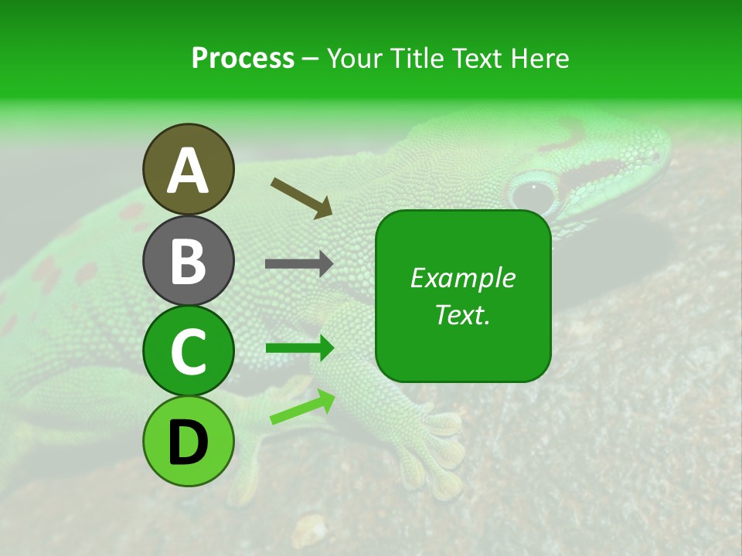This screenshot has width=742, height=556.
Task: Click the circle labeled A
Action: (x=188, y=169)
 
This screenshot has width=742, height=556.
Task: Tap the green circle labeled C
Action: (x=188, y=351)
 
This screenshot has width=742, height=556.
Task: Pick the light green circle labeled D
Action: (x=188, y=441)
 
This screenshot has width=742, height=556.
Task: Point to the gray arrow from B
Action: (x=298, y=264)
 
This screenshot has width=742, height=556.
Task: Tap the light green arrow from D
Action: (x=302, y=408)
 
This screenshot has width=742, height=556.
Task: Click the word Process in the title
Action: (x=243, y=58)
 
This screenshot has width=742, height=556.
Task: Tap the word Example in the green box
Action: (x=462, y=278)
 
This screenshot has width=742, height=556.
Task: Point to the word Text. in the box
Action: (x=462, y=314)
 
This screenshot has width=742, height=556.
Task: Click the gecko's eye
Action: (x=533, y=190)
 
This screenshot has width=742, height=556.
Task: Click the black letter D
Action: (x=188, y=442)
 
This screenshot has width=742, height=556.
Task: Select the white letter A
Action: (x=188, y=171)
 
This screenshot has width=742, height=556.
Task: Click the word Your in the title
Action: (x=355, y=58)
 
